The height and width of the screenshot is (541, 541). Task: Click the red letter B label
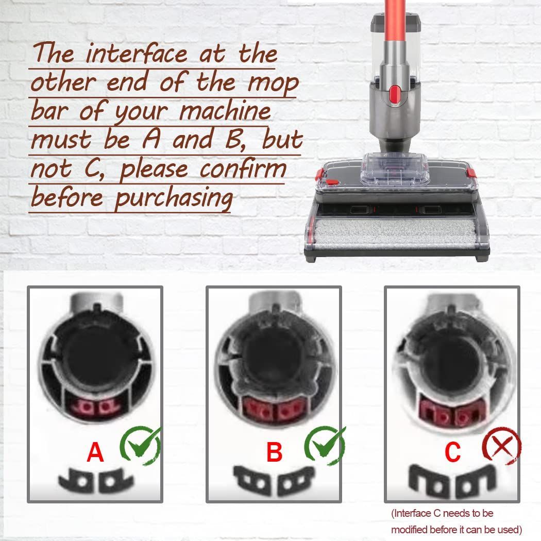pos(274,452)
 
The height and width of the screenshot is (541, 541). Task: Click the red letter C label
pos(453,452)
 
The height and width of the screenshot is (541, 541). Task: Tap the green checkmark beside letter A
pos(141,445)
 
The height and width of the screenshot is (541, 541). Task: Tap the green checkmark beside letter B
pos(324,445)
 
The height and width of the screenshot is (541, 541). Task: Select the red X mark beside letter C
pos(502,445)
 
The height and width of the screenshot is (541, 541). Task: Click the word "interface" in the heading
pos(137,54)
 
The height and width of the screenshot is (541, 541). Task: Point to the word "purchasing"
pos(174,199)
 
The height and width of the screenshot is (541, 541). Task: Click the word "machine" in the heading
pos(225,111)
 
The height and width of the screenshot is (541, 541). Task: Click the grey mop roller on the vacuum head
pos(395,233)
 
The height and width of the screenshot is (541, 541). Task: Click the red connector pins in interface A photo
pos(95,407)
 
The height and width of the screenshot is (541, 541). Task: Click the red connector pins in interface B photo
pos(274,410)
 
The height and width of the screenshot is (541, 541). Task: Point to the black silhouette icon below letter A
pos(96,480)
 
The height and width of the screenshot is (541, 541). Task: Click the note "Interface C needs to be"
pos(442,513)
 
